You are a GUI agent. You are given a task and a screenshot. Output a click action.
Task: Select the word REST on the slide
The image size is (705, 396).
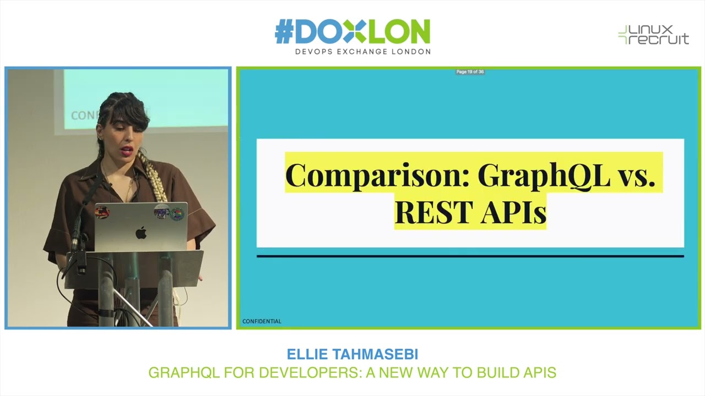[435, 212]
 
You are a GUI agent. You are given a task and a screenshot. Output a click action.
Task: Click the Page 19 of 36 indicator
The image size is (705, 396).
[470, 72]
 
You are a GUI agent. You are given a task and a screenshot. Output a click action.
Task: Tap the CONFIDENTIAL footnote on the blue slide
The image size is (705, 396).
[262, 321]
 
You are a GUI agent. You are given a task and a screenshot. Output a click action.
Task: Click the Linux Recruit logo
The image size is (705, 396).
[653, 35]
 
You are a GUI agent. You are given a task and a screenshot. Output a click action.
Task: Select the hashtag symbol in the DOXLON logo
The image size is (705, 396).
[284, 32]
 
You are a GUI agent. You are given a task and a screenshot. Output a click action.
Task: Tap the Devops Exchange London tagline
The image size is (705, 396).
[363, 52]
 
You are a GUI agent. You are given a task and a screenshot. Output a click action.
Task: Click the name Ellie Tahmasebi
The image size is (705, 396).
[352, 354]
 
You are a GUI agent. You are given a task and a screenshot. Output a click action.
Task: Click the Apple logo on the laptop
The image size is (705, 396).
[141, 233]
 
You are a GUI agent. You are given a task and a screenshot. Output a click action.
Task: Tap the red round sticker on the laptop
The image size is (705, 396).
[102, 212]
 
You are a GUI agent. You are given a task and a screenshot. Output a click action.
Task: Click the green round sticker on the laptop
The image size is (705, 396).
[177, 214]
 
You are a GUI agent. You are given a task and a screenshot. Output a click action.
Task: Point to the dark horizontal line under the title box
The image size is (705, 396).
[470, 256]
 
